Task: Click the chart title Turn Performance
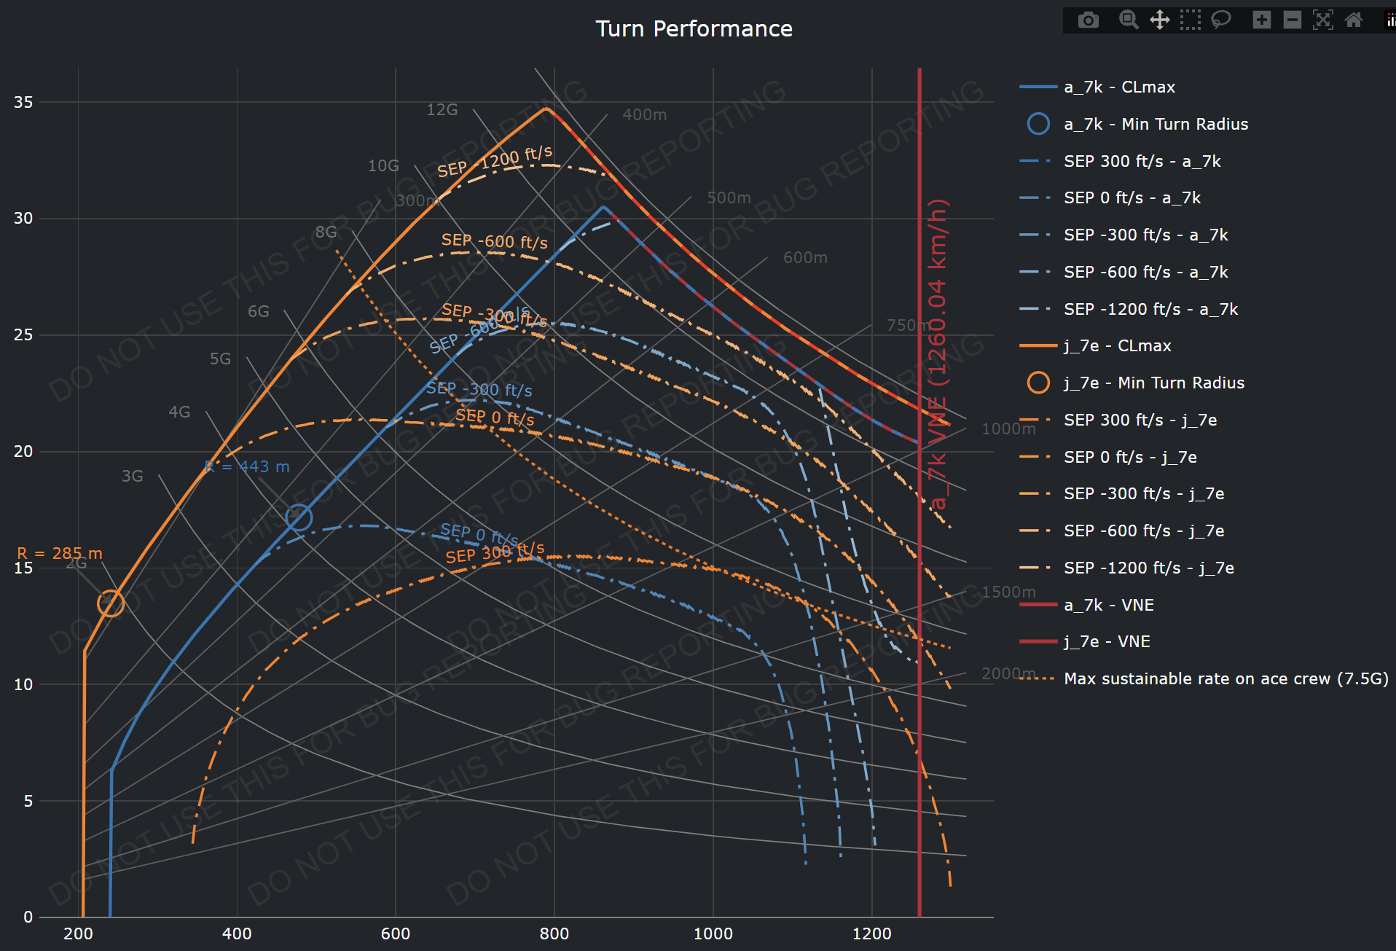point(694,28)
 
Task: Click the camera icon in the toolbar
point(1088,20)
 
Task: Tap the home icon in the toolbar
point(1353,20)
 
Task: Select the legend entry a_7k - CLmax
point(1119,87)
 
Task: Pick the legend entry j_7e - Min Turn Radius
point(1153,383)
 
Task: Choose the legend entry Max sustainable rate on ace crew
point(1226,678)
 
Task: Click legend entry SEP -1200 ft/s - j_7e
point(1148,568)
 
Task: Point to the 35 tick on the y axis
point(23,102)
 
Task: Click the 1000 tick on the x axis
point(713,934)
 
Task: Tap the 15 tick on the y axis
point(23,568)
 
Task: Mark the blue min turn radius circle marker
point(299,517)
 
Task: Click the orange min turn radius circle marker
point(111,603)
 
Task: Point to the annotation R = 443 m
point(248,466)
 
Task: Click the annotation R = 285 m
point(60,553)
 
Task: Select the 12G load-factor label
point(442,109)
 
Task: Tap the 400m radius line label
point(644,114)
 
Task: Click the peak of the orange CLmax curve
point(546,108)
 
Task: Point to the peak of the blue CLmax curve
point(603,207)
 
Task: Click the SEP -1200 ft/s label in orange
point(495,161)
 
